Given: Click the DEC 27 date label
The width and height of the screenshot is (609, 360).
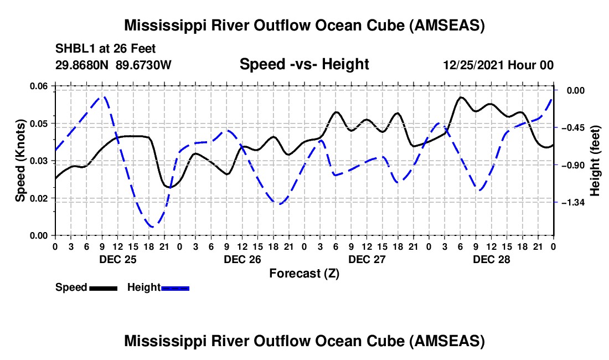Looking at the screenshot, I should click(x=367, y=259).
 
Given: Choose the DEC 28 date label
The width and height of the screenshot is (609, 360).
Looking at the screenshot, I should click(x=491, y=259).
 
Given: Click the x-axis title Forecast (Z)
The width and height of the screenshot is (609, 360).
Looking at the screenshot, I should click(x=304, y=273).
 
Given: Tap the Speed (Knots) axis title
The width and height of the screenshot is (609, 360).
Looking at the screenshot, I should click(x=20, y=161).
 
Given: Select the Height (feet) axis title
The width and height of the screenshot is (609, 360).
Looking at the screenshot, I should click(x=595, y=160).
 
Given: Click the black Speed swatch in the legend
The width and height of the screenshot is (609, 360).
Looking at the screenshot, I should click(x=103, y=288).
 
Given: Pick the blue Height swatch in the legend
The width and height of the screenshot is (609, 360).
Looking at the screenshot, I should click(x=176, y=288).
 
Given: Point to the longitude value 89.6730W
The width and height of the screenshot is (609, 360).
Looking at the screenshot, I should click(x=144, y=65).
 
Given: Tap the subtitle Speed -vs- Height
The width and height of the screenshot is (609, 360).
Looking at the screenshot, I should click(x=304, y=64).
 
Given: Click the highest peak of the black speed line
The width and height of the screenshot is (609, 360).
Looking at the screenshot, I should click(x=461, y=97).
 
